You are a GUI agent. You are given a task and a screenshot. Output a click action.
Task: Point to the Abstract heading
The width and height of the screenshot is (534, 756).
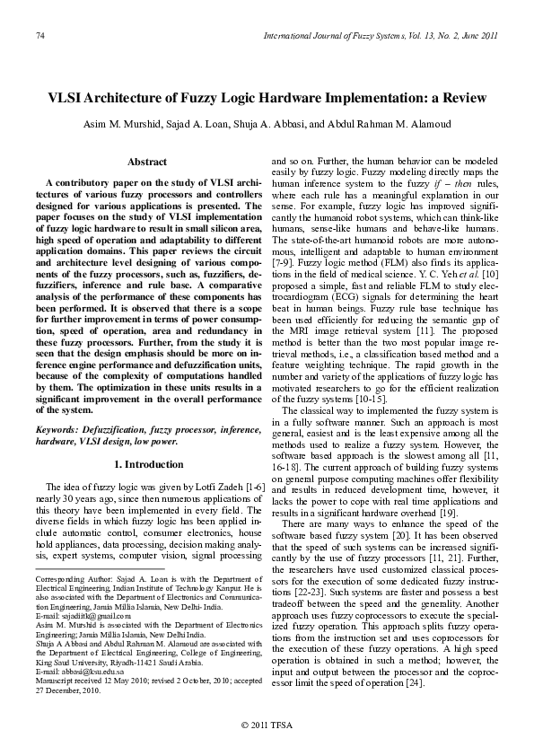click(147, 162)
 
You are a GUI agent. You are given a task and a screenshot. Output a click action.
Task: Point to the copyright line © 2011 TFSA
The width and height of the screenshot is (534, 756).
click(267, 725)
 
